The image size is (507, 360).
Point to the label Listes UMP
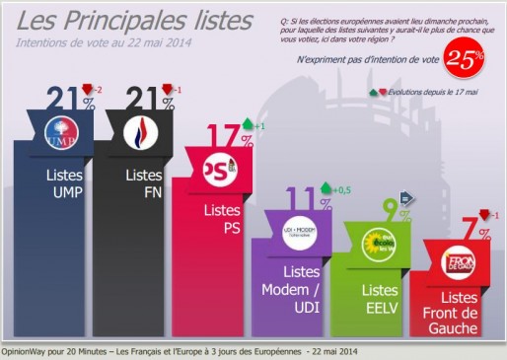(x=63, y=182)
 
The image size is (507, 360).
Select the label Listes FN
(x=144, y=182)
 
